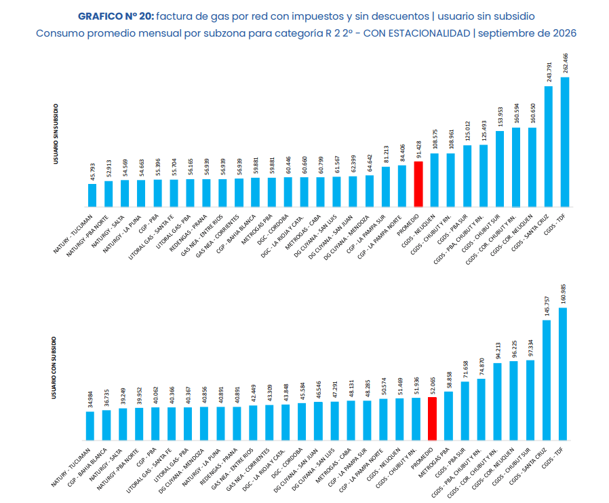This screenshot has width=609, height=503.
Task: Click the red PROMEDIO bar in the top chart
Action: (x=418, y=184)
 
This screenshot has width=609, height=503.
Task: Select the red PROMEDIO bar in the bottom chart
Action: (x=432, y=419)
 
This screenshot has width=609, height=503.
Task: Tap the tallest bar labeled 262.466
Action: (x=565, y=142)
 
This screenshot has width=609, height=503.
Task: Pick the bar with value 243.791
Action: (x=549, y=147)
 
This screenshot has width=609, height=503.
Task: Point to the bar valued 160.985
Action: (x=562, y=374)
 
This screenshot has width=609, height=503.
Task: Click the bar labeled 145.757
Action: (x=547, y=380)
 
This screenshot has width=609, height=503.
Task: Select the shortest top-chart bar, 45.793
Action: (x=92, y=195)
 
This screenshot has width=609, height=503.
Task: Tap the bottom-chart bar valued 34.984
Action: (x=90, y=426)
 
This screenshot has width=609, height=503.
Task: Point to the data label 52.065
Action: (x=432, y=386)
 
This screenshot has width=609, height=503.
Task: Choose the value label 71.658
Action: (x=465, y=370)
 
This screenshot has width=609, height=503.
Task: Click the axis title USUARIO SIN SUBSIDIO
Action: (x=56, y=134)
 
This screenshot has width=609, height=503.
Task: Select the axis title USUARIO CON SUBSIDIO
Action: (x=54, y=367)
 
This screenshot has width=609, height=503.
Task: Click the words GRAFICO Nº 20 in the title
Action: (x=116, y=16)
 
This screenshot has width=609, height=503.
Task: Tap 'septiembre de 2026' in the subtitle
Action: (x=527, y=33)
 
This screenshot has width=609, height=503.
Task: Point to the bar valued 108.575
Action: (x=435, y=181)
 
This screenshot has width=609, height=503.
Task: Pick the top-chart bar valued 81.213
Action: (x=386, y=187)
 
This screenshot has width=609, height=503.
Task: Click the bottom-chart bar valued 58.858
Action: (x=448, y=416)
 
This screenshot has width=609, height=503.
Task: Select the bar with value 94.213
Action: (x=497, y=402)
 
